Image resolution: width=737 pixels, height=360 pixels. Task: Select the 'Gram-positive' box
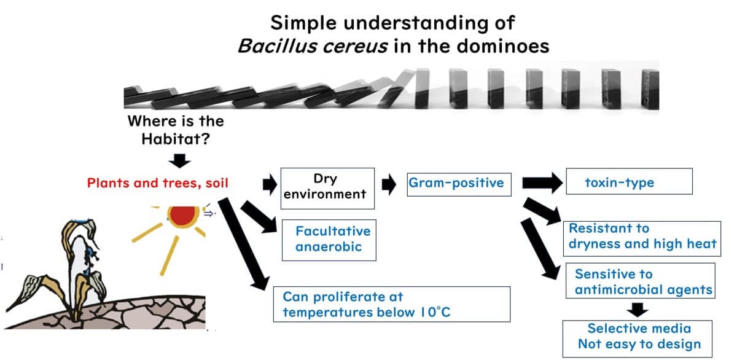[459, 182]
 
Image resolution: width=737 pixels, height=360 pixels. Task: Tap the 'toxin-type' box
[628, 182]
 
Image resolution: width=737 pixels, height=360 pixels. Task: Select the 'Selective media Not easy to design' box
[639, 337]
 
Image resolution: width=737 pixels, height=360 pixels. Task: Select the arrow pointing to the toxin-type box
[542, 182]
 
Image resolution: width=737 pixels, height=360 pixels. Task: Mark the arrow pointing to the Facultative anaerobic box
[262, 218]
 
